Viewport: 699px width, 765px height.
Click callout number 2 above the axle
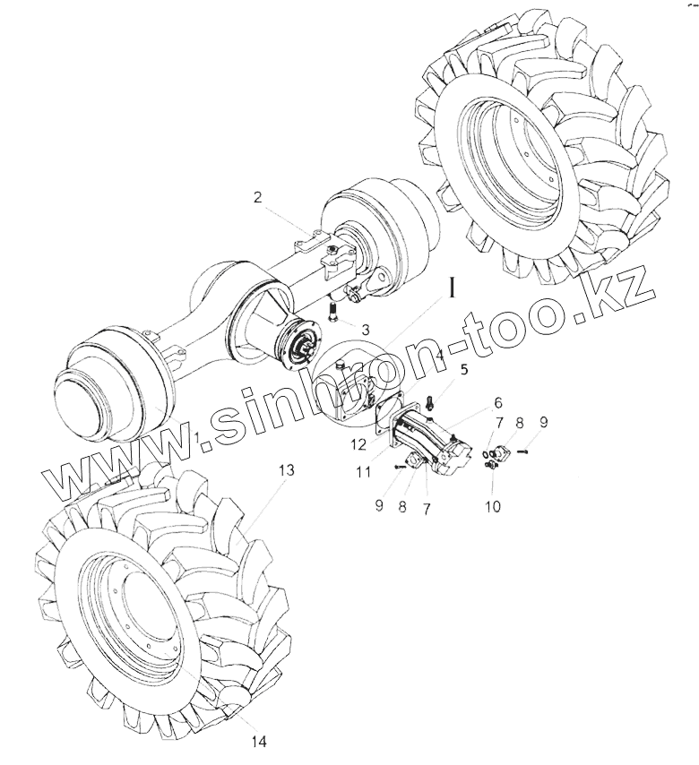[x=257, y=198]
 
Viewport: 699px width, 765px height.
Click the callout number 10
[x=493, y=506]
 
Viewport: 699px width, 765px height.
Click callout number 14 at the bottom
[x=260, y=741]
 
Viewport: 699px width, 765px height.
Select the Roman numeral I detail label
[x=454, y=288]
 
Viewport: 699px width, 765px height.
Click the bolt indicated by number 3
[x=333, y=313]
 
